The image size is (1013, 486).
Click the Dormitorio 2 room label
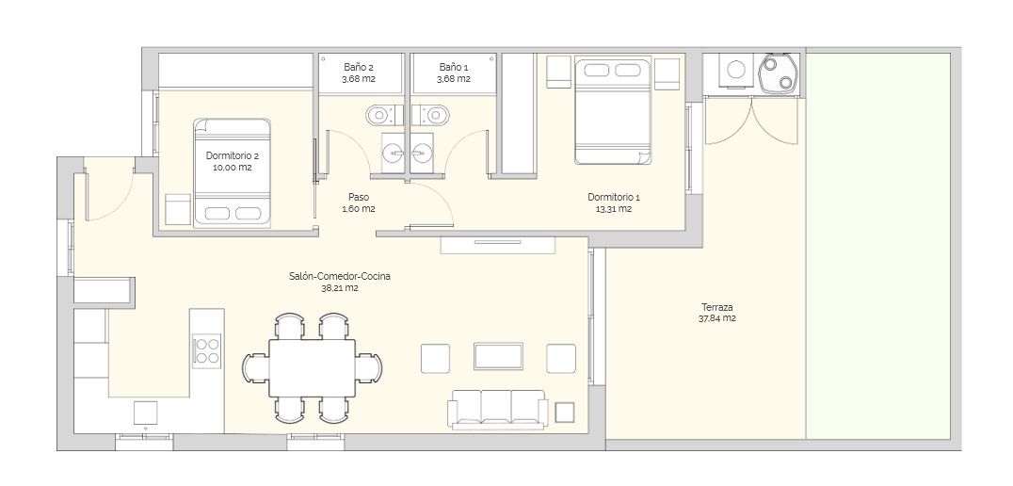point(232,155)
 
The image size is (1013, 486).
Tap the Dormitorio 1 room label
point(614,197)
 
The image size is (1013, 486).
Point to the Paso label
point(359,197)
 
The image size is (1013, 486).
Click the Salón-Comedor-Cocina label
point(340,277)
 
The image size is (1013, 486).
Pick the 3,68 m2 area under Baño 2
point(359,79)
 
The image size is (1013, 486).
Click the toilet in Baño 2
point(384,115)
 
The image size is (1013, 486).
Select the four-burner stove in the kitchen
point(207,351)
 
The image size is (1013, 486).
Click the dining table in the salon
point(312,367)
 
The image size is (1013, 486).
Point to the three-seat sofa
point(498,410)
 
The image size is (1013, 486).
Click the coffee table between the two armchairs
point(498,356)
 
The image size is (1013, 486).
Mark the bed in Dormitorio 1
point(613,112)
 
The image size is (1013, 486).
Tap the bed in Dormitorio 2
point(232,172)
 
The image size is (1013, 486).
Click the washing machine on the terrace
point(736,70)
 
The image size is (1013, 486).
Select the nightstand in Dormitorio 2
point(178,209)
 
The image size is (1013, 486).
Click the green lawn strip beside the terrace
point(878,246)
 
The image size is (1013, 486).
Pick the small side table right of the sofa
point(565,412)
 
